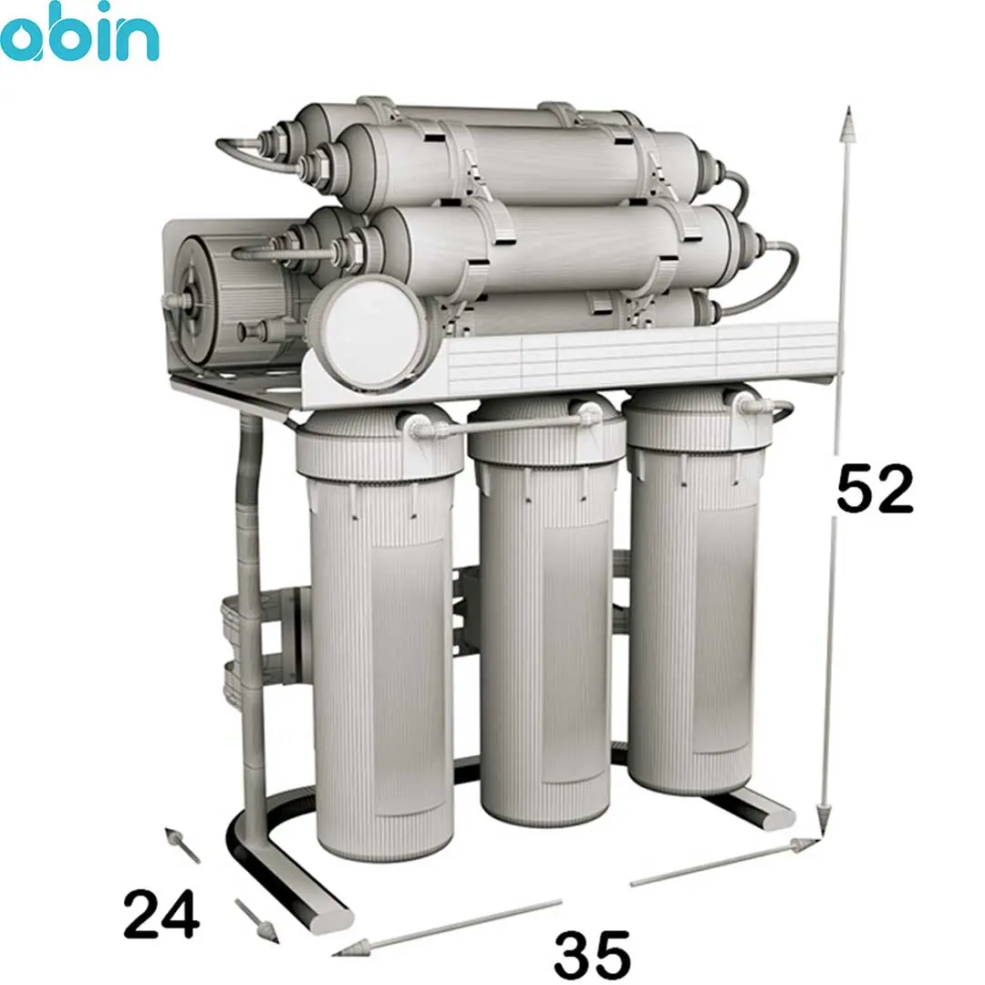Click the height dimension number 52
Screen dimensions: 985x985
point(875,489)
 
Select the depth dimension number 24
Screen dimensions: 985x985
point(161,914)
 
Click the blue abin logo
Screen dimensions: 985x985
point(79,31)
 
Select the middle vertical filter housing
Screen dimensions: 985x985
point(545,609)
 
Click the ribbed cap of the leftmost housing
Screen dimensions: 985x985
point(378,446)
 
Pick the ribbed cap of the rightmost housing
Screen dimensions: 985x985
point(698,420)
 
